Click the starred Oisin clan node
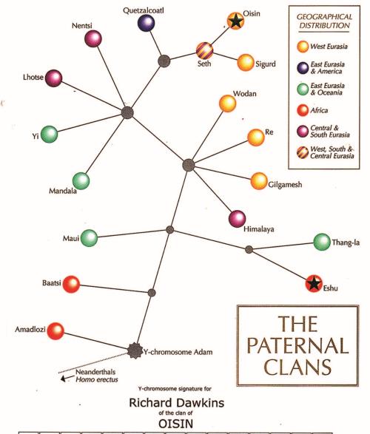(235, 21)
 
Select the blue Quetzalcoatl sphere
(146, 23)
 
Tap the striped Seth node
(205, 51)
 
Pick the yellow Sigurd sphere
(246, 63)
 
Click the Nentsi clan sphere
(93, 38)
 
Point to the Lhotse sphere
(54, 78)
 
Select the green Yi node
(50, 135)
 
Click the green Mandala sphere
(81, 181)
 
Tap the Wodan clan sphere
(228, 104)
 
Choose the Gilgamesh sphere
(259, 181)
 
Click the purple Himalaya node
(238, 219)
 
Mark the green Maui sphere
(90, 238)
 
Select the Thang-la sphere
(322, 242)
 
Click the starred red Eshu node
(314, 283)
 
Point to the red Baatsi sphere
(71, 284)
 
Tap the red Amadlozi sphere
(55, 330)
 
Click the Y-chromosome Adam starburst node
(135, 350)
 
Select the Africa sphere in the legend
(303, 110)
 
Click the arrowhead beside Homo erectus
(64, 379)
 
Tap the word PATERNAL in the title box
(297, 345)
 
